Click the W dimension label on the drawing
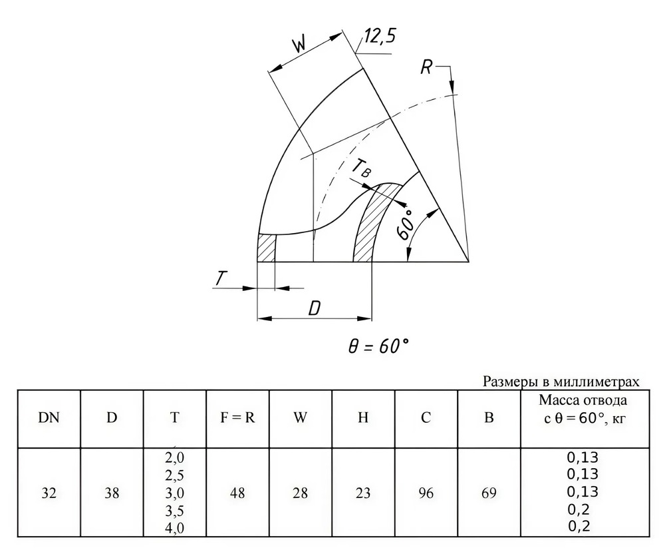click(300, 44)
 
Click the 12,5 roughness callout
click(380, 37)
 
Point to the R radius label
click(427, 67)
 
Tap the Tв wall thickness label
click(361, 167)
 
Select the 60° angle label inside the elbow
click(406, 224)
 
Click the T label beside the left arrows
click(221, 279)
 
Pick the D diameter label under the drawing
click(315, 309)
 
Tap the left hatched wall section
click(267, 248)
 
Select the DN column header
click(49, 418)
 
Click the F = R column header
click(237, 418)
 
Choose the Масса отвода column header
click(583, 400)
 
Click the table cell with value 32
click(49, 493)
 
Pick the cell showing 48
click(237, 493)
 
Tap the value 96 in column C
click(426, 493)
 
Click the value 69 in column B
click(489, 493)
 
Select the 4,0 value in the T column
click(174, 528)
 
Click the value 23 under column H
click(363, 493)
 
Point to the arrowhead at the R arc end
click(453, 87)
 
